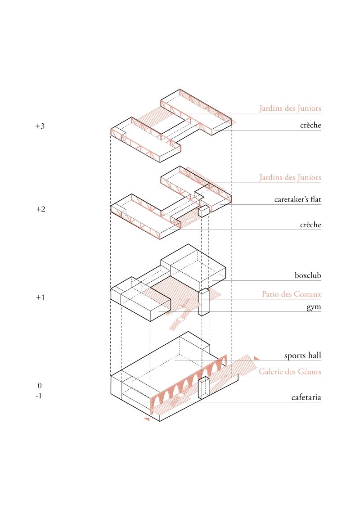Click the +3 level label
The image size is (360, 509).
(40, 126)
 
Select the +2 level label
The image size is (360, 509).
(40, 209)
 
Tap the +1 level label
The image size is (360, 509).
(40, 297)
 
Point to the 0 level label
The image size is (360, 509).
(40, 386)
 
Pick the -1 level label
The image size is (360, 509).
(39, 396)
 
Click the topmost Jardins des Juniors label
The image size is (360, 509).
(290, 108)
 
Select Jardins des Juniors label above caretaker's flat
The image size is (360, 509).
(290, 177)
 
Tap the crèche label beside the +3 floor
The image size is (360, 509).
(310, 125)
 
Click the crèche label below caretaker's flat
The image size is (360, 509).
(310, 225)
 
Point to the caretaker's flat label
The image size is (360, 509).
(297, 199)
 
